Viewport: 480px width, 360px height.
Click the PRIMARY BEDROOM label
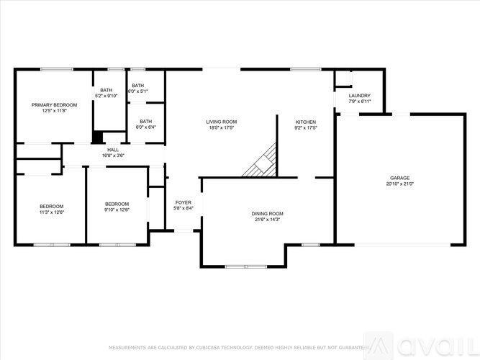click(54, 105)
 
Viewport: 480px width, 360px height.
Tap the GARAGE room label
click(401, 177)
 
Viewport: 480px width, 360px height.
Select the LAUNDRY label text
click(359, 96)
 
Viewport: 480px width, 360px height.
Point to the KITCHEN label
click(306, 122)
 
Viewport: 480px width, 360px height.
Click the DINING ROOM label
click(267, 214)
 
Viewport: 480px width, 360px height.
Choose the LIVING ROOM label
click(222, 122)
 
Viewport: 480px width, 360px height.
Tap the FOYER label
click(184, 203)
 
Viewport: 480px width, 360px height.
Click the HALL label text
click(113, 150)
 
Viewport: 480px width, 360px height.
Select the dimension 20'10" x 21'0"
click(401, 184)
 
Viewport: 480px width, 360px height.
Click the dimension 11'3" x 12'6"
click(52, 212)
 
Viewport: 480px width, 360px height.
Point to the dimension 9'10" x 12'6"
click(117, 210)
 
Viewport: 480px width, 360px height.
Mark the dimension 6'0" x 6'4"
click(146, 127)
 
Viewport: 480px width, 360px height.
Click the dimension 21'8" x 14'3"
click(267, 220)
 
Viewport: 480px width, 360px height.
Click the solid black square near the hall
click(97, 136)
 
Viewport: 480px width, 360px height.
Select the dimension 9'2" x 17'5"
click(306, 128)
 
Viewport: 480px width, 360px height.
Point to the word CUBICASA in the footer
click(216, 348)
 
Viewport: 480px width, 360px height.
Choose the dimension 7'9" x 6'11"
click(359, 102)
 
